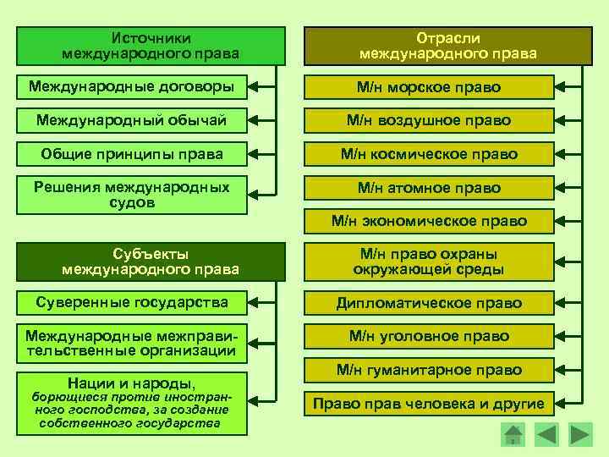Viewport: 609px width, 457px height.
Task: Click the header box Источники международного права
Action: point(151,46)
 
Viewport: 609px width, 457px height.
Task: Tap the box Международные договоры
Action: point(132,87)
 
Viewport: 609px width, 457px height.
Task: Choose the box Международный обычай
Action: point(132,120)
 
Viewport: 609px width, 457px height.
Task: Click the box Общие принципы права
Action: point(132,154)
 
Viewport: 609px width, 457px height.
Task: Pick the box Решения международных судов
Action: point(132,195)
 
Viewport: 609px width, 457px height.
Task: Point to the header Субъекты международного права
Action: point(151,262)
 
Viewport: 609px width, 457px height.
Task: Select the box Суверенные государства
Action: point(132,302)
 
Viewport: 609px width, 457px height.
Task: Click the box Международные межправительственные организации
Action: point(132,343)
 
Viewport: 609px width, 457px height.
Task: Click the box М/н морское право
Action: point(429,87)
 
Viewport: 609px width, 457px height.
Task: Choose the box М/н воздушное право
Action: point(429,120)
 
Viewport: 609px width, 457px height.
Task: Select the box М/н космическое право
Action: point(429,154)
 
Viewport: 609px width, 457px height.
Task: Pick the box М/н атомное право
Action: point(429,188)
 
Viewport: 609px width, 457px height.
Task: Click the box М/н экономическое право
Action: point(429,221)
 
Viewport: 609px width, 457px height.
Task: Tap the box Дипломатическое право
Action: point(429,302)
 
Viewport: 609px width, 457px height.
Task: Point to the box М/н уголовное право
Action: point(429,336)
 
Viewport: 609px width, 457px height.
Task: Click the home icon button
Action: point(513,435)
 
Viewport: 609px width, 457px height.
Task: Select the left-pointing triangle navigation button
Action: point(546,435)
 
